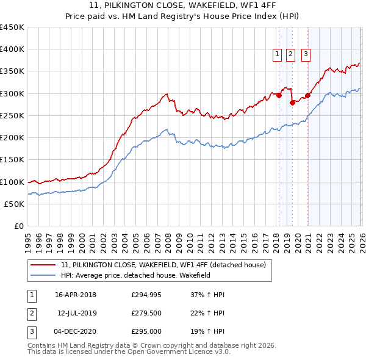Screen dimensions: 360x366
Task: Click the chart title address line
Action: tap(182, 7)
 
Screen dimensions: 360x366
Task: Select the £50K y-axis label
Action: tap(14, 204)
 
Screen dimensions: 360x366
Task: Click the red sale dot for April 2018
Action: tap(279, 95)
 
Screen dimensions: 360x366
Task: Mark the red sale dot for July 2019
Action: tap(292, 102)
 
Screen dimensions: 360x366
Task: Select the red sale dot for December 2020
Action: tap(307, 95)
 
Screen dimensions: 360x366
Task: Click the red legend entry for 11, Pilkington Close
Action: tap(163, 265)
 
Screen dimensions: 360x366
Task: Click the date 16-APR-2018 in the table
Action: tap(76, 295)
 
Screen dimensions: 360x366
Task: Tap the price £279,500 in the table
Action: tap(146, 313)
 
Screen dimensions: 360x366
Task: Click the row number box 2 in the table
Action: tap(30, 313)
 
